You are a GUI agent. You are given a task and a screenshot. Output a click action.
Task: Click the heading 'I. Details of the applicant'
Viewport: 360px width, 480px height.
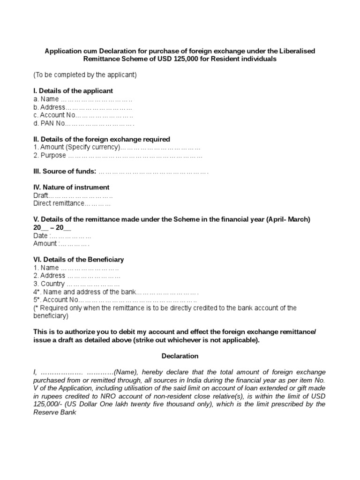(73, 91)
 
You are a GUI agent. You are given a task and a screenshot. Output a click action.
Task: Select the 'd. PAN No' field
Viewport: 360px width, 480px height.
(84, 123)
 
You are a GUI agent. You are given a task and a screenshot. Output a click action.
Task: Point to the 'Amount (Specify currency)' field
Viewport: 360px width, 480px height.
(117, 147)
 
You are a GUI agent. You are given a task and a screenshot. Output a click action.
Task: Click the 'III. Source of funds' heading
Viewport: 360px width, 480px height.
(65, 172)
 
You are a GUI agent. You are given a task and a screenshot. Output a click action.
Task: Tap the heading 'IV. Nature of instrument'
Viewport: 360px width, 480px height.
(71, 187)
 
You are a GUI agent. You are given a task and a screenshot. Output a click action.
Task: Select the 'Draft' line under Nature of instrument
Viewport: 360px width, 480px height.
(73, 195)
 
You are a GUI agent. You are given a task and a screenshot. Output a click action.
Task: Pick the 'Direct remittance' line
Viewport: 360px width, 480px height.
(72, 204)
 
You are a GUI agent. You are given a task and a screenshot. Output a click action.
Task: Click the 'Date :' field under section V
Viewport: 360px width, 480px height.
(62, 236)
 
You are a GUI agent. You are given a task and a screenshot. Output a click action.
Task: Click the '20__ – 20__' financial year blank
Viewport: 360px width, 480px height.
(52, 228)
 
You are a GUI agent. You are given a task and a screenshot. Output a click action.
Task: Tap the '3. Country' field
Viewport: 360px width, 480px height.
(76, 284)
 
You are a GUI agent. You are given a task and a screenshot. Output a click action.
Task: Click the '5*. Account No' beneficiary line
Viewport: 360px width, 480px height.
(115, 300)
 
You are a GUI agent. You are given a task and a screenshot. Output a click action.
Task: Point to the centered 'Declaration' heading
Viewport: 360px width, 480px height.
(180, 356)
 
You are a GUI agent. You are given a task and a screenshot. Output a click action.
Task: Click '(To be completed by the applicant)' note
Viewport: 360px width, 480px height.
(85, 75)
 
